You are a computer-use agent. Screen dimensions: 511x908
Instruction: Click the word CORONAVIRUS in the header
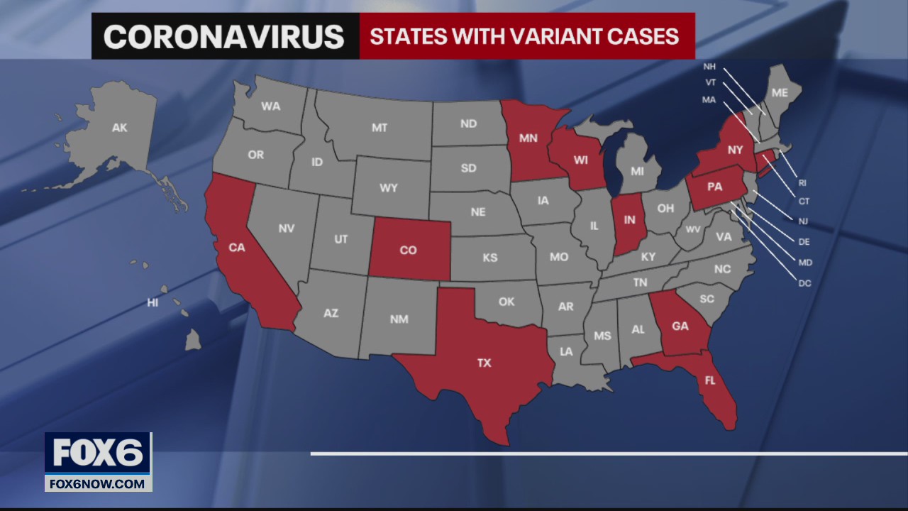[224, 36]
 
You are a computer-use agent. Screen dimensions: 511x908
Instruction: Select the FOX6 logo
[98, 453]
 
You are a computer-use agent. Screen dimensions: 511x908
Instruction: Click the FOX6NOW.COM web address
[98, 484]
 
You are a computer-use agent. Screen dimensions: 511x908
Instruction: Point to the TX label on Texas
[484, 363]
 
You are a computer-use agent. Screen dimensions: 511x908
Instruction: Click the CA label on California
[236, 248]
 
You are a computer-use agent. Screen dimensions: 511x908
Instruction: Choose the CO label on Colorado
[408, 250]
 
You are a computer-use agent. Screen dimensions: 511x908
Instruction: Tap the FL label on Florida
[709, 380]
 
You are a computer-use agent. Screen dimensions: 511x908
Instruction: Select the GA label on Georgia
[680, 326]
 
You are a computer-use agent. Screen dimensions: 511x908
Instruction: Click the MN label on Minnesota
[528, 138]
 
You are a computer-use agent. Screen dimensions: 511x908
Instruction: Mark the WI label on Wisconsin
[580, 160]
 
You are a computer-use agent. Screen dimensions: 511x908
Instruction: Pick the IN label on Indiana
[629, 221]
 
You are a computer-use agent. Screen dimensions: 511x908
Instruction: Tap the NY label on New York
[734, 150]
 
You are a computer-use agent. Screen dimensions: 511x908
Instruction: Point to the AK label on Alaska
[119, 128]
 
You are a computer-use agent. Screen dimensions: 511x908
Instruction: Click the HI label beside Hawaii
[153, 303]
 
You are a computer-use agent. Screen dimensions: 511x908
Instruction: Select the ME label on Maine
[780, 92]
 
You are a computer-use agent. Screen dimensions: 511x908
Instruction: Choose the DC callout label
[804, 283]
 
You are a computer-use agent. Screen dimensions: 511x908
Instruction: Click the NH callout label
[709, 67]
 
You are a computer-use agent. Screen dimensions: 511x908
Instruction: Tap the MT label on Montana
[380, 128]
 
